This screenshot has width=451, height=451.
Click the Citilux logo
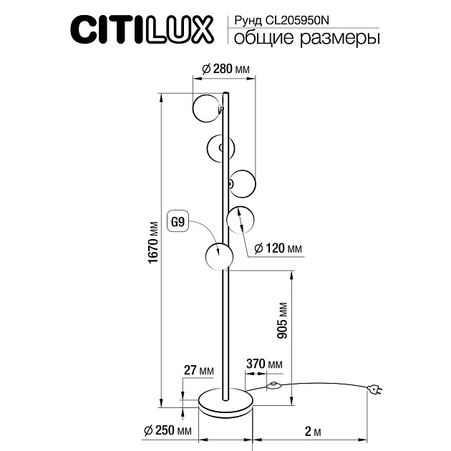tap(140, 30)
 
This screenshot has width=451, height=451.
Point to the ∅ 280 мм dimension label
tap(225, 69)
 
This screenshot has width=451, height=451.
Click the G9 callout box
tap(178, 222)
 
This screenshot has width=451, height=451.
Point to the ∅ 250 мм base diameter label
tap(167, 431)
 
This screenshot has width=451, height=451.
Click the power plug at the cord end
tap(374, 389)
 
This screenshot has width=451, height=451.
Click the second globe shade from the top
tap(219, 147)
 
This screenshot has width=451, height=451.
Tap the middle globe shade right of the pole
tap(242, 183)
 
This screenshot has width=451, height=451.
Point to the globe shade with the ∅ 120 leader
tap(238, 218)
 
